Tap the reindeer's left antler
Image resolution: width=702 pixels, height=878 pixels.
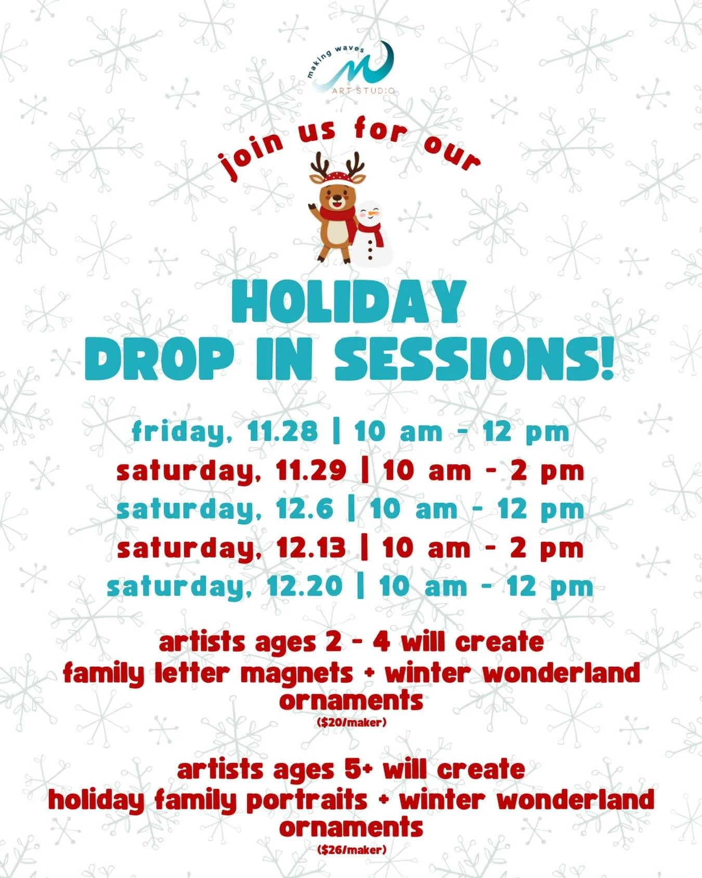[318, 164]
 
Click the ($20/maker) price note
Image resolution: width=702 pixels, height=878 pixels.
[351, 722]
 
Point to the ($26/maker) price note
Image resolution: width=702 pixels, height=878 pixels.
[351, 850]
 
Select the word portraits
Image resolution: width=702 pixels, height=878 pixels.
[307, 800]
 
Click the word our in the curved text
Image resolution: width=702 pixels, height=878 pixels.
[451, 153]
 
